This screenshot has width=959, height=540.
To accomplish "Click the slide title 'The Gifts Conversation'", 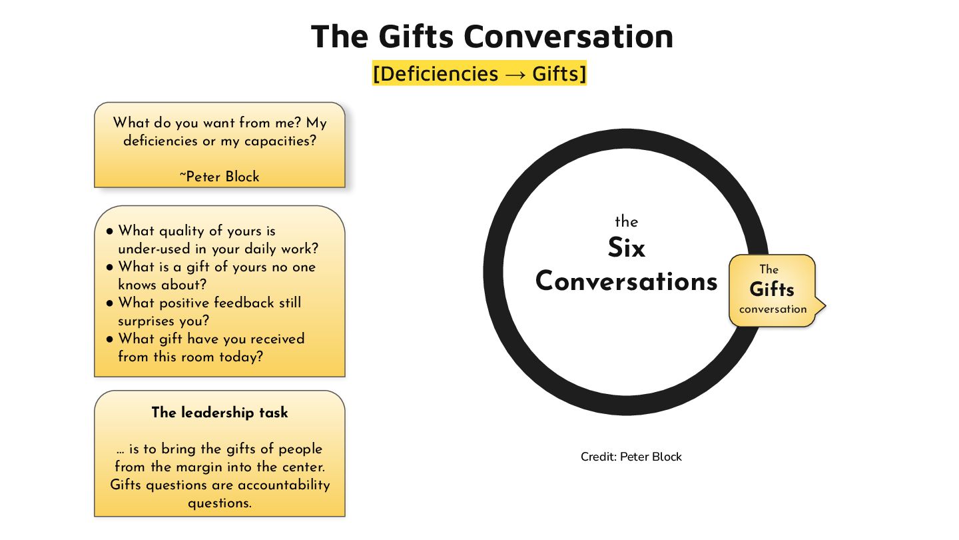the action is (x=491, y=36).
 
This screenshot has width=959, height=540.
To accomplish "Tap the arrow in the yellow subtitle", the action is (x=515, y=74).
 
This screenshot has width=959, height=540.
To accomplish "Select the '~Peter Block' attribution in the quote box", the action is (x=220, y=177).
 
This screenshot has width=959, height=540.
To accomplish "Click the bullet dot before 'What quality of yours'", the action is (x=110, y=231).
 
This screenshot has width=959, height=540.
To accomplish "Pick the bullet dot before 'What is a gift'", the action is (x=110, y=267).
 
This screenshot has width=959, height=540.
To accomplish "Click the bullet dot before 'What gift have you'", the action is (x=110, y=339).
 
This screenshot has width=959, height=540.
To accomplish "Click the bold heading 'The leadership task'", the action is (x=220, y=413).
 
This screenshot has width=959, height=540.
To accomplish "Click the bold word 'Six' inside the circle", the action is (x=627, y=249).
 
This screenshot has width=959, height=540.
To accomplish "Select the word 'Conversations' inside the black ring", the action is (x=627, y=281).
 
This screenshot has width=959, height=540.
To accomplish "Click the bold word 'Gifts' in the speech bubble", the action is (x=772, y=290).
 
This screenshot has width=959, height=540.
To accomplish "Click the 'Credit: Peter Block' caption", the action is (x=631, y=457).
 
